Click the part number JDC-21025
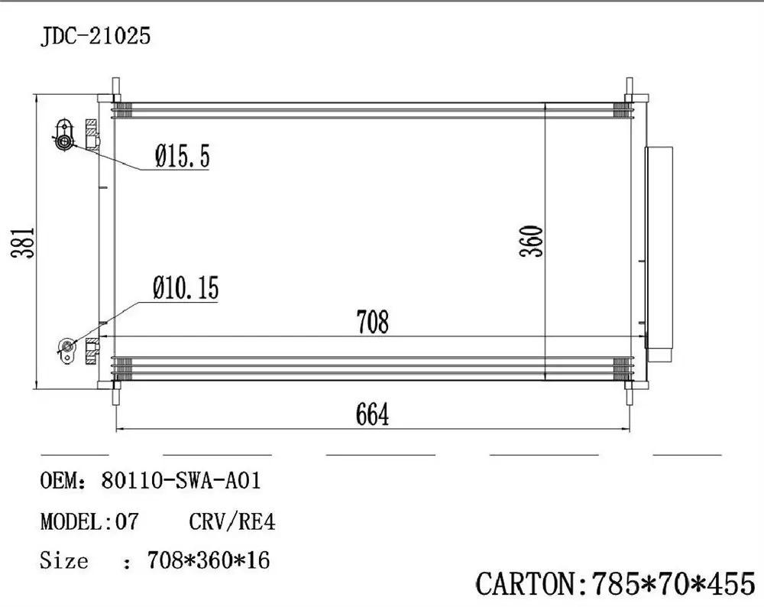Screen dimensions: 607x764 click(95, 37)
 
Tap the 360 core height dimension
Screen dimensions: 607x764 click(533, 241)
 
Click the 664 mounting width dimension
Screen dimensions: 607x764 click(372, 415)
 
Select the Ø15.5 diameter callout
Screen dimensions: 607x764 click(182, 157)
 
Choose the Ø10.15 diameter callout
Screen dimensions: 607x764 click(185, 288)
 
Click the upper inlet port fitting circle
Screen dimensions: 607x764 click(63, 141)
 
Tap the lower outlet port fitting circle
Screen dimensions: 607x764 click(66, 348)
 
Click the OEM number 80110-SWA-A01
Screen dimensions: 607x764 click(181, 481)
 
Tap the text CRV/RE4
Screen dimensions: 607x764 click(231, 522)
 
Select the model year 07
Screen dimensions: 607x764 click(127, 522)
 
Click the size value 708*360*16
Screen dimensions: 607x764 click(207, 561)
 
